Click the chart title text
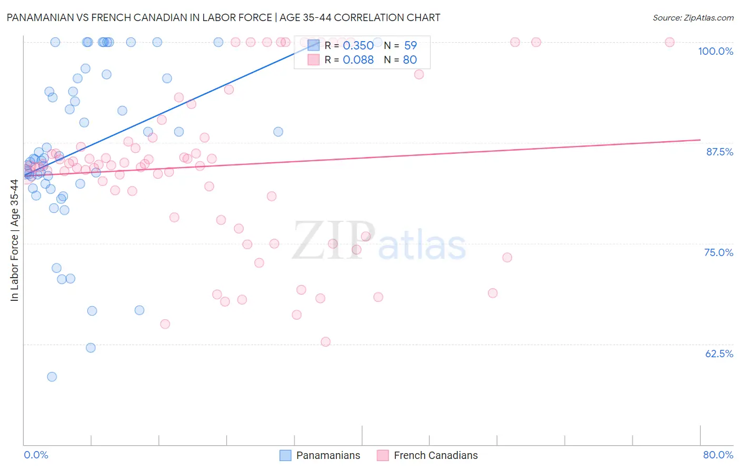[223, 17]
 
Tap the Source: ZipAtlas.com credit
[693, 17]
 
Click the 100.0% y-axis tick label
[715, 51]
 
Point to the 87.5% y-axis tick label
[719, 152]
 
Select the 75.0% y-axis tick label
[718, 252]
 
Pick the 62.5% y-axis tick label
[719, 354]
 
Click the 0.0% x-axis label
[36, 455]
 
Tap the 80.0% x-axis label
[718, 455]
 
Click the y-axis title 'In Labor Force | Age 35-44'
[15, 240]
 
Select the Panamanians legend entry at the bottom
[320, 455]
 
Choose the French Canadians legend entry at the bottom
[427, 455]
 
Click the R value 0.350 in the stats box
[358, 45]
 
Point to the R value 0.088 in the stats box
[358, 60]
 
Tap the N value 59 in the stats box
[410, 45]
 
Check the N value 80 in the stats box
[409, 60]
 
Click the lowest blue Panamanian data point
[52, 377]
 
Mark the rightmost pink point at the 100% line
[669, 42]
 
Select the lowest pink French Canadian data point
[325, 342]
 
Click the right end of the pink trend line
[700, 140]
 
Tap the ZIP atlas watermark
[379, 241]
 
